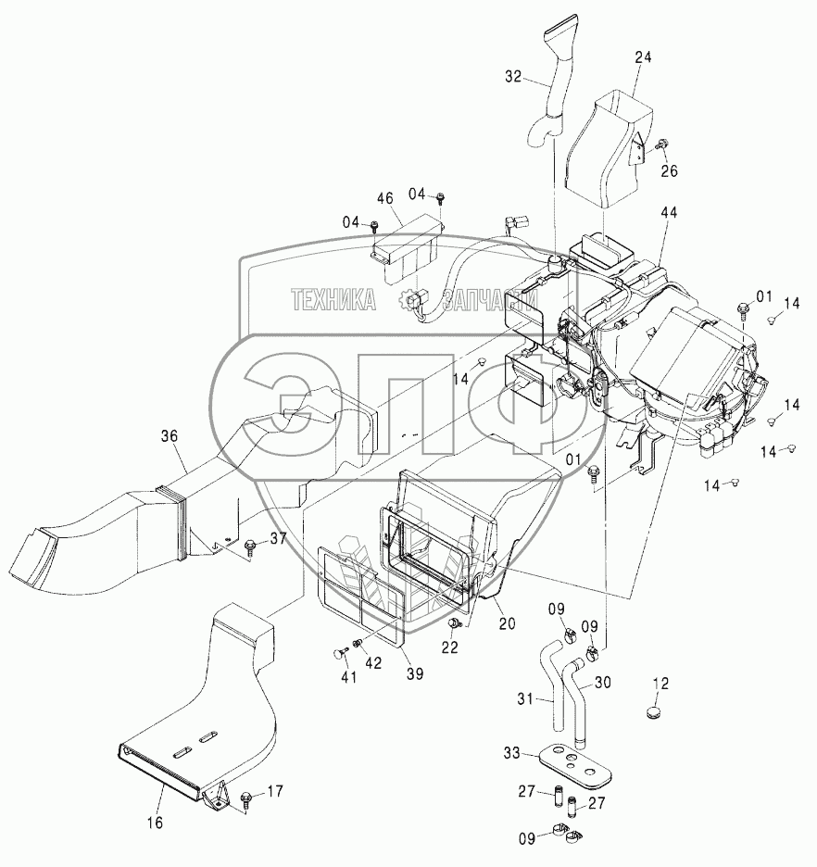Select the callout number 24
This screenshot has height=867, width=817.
[x=642, y=57]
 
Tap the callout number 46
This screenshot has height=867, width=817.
[x=384, y=198]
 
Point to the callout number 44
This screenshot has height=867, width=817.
[x=669, y=213]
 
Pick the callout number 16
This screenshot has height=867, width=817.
[x=155, y=822]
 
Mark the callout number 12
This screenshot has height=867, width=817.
[x=660, y=684]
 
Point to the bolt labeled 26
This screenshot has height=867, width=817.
[x=662, y=144]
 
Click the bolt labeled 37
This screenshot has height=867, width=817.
[x=249, y=548]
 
